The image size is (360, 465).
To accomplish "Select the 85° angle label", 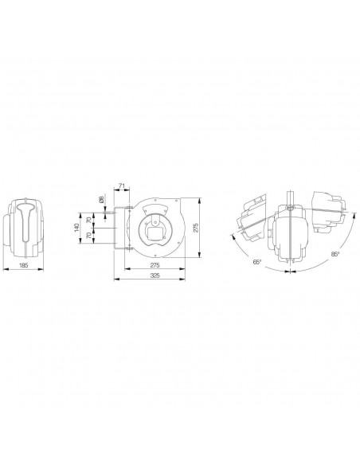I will pyautogui.click(x=335, y=254).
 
